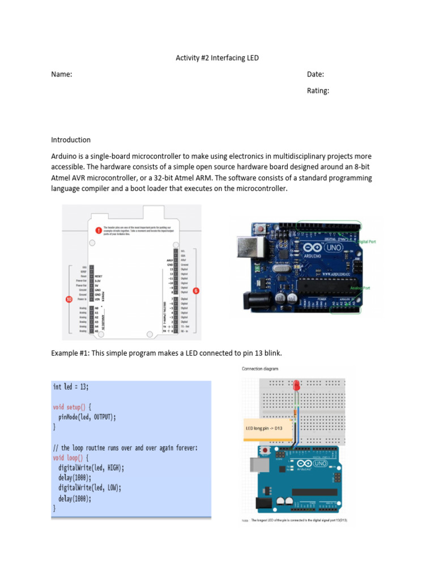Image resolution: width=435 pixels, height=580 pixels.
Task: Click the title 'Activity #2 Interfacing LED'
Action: [x=217, y=58]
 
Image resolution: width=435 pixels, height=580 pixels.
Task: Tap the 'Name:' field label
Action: [x=62, y=75]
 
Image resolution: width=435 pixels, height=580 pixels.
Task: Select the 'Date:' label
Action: [x=315, y=75]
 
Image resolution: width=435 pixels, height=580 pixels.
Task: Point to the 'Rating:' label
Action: [x=318, y=91]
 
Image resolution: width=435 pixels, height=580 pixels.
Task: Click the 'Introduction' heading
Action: [x=71, y=140]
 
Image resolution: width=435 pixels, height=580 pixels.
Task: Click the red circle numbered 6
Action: [x=196, y=291]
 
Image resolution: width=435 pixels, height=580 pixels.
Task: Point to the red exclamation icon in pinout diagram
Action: [x=99, y=231]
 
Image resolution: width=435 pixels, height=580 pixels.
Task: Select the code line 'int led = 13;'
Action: [x=71, y=387]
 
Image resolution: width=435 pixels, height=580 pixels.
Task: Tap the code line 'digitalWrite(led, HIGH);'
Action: [x=91, y=468]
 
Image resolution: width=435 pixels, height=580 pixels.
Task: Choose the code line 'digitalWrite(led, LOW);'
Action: [x=89, y=488]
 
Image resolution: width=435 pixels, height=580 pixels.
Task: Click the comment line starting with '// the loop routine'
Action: [x=125, y=448]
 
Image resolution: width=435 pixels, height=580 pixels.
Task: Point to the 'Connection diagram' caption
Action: [x=260, y=369]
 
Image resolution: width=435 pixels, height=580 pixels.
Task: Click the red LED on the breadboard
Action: [x=296, y=386]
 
